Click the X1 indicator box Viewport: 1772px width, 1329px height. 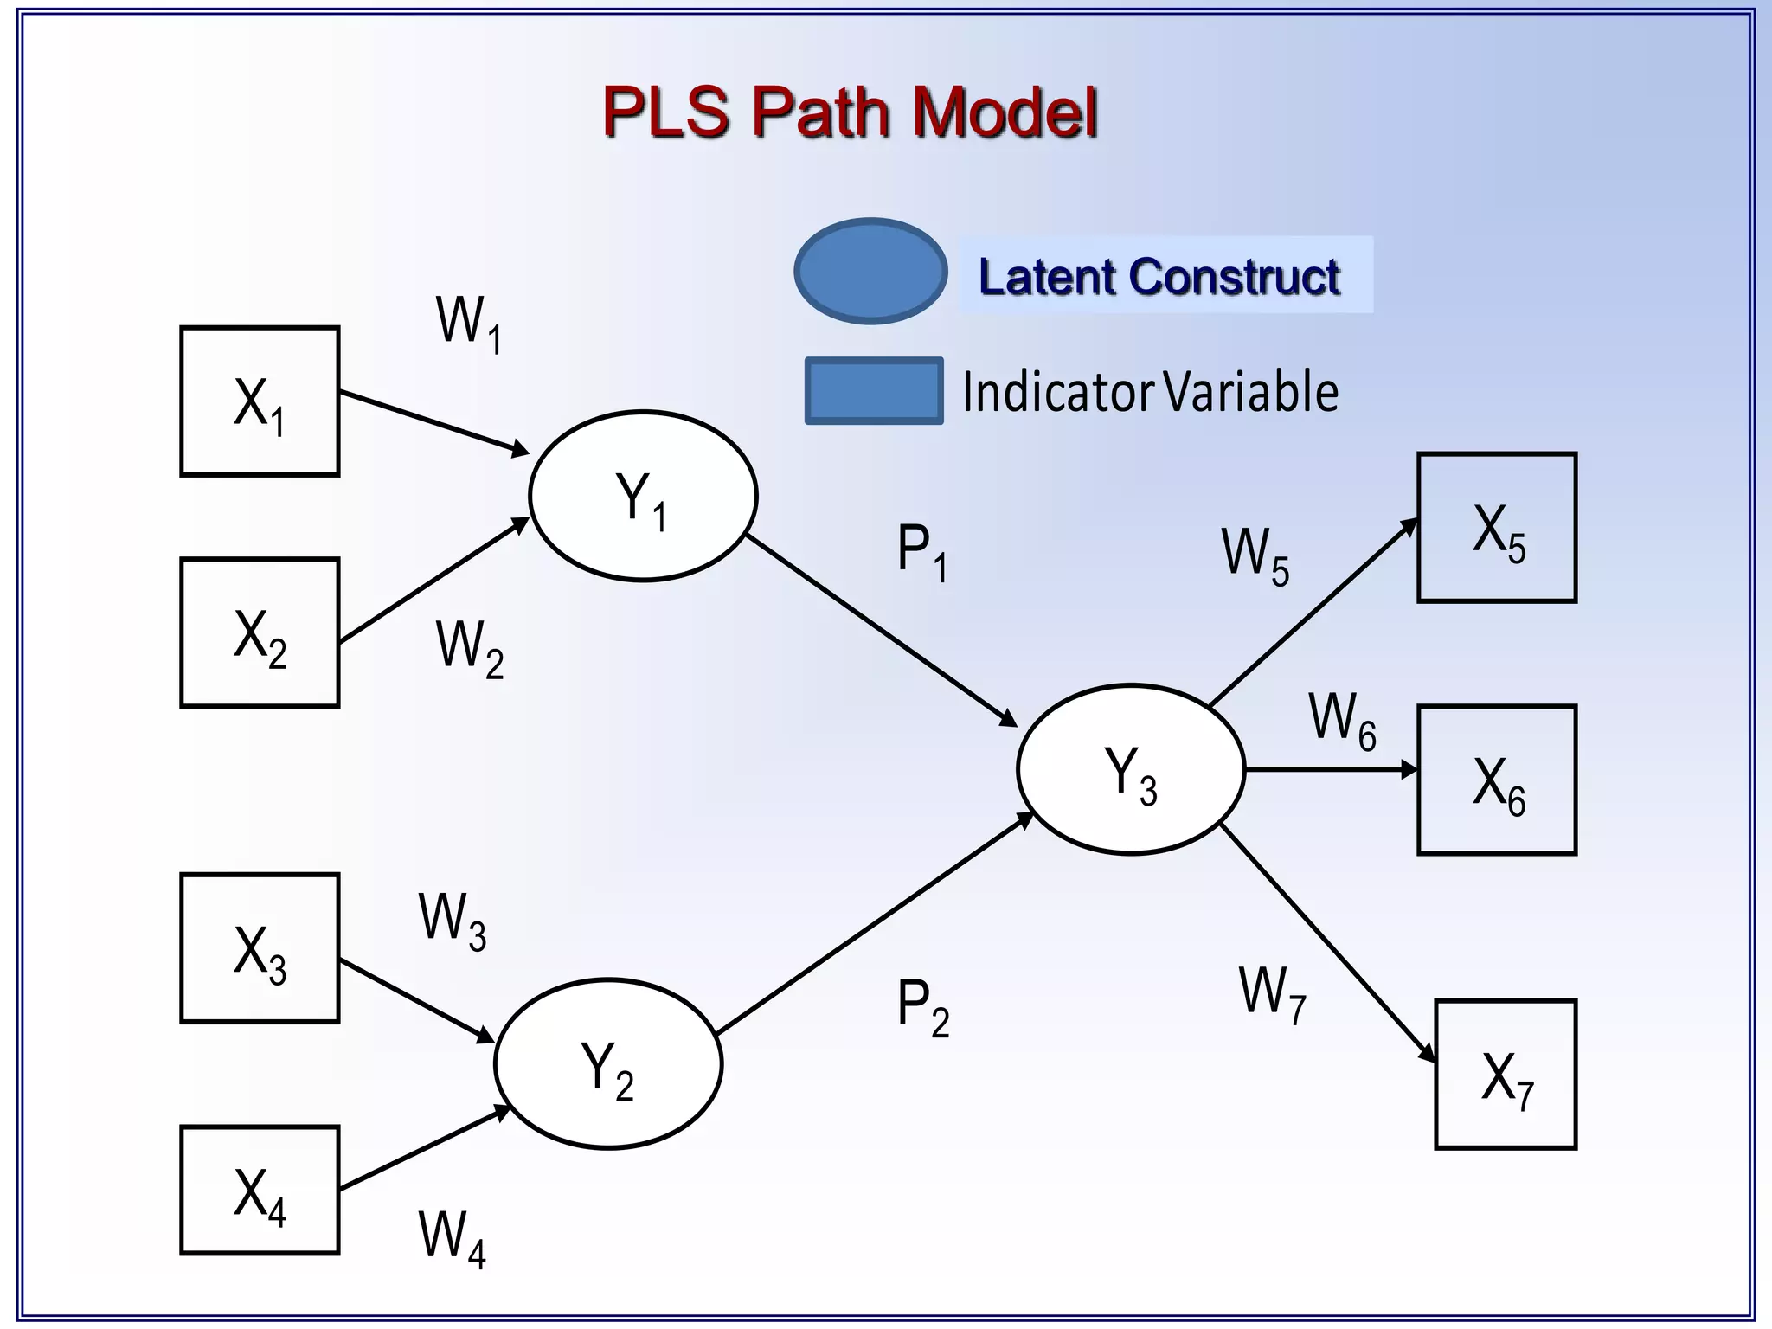point(260,401)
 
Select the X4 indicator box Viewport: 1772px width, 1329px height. point(260,1190)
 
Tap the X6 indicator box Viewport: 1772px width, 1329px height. point(1497,780)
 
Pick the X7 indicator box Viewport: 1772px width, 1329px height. point(1506,1074)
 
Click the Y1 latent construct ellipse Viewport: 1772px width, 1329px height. point(643,496)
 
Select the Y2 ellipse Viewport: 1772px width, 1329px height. point(608,1063)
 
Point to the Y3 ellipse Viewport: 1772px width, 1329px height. point(1131,769)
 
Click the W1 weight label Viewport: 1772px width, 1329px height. point(468,324)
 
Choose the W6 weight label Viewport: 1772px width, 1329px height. point(1342,720)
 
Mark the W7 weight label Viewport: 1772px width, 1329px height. point(1272,994)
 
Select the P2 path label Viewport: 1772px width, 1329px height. point(922,1006)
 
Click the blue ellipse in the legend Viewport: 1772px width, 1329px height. point(870,271)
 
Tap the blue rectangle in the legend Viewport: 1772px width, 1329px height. point(874,391)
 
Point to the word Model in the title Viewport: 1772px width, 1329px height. point(1005,112)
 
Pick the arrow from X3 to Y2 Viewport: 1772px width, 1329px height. point(415,1000)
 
